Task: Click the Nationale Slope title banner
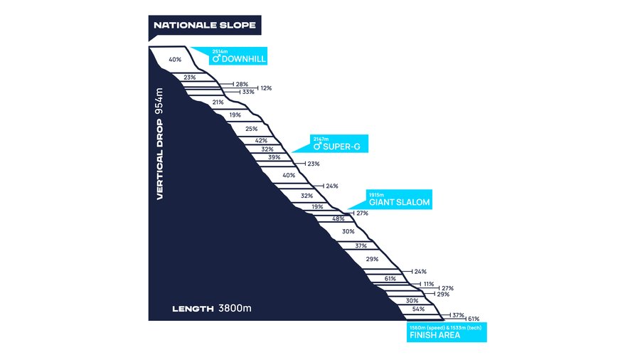pos(205,26)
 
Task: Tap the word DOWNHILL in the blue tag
pos(244,59)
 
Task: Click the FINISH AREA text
pos(434,335)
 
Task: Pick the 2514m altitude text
pos(220,51)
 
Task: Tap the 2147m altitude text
pos(321,139)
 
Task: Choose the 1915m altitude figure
pos(376,195)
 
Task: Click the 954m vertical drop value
pos(159,101)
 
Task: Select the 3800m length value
pos(235,308)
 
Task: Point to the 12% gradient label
pos(266,88)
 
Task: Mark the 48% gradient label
pos(338,219)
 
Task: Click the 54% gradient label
pos(418,309)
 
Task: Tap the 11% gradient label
pos(429,284)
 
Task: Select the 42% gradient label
pos(261,141)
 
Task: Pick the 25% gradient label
pos(252,129)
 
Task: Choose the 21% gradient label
pos(218,102)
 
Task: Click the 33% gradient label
pos(248,92)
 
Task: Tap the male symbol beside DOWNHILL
pos(216,59)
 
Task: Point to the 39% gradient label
pos(274,157)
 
